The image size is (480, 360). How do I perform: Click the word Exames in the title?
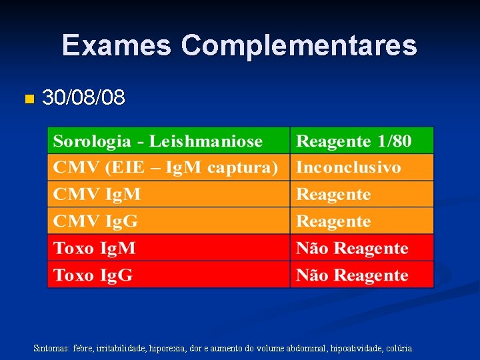coord(117,45)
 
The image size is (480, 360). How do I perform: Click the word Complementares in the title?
coord(299,45)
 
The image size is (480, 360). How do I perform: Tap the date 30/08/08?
coord(83,98)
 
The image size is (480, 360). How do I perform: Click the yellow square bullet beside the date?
coord(27,99)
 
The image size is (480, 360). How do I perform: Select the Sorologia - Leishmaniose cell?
coord(158,141)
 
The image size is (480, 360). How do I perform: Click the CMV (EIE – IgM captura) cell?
coord(165,167)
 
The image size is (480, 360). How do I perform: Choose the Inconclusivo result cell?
coord(349,167)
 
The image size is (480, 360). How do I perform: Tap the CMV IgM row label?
coord(97,195)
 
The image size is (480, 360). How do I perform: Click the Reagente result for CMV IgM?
coord(333,195)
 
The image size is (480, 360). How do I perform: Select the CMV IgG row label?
coord(96,221)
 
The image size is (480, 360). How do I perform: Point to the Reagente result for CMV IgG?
coord(333,221)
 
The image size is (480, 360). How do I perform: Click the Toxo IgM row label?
coord(95,249)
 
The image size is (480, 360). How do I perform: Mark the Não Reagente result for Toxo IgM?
coord(352,249)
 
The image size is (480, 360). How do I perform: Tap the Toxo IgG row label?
coord(93,275)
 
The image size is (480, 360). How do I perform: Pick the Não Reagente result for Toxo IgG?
coord(352,275)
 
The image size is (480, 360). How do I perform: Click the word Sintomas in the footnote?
coord(51,348)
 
